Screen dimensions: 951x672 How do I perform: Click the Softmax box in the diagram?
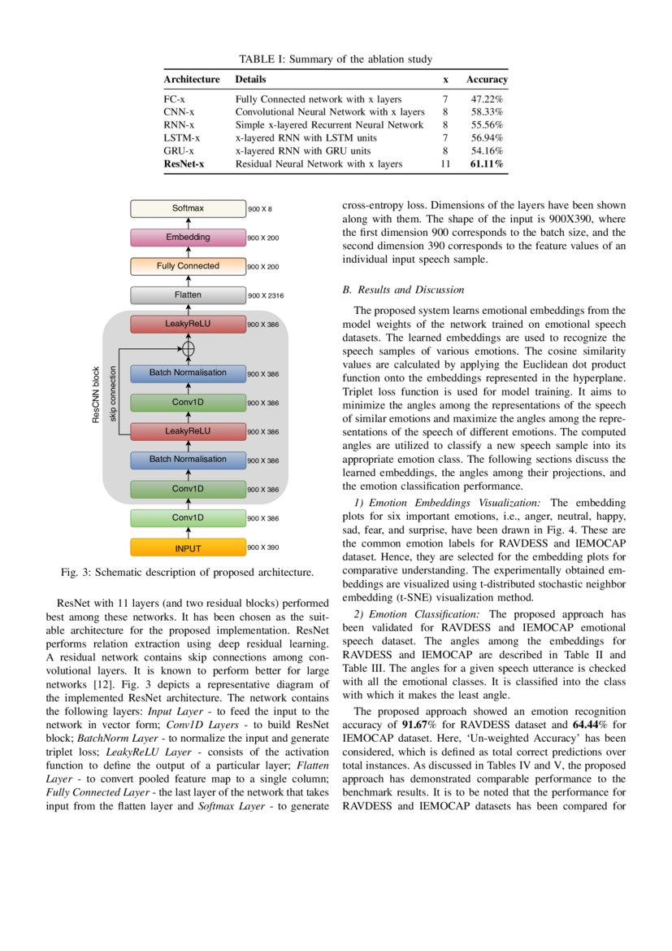188,209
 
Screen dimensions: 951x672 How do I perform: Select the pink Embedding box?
188,238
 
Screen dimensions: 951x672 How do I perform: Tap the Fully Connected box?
188,266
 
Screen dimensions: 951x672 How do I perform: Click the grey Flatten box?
188,294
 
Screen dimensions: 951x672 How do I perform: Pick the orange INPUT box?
188,547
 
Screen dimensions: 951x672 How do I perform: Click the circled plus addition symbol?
188,348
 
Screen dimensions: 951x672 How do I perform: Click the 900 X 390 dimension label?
262,547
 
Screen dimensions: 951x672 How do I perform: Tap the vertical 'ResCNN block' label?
96,395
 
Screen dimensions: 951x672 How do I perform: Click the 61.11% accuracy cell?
486,164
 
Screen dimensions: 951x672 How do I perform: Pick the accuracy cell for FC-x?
486,99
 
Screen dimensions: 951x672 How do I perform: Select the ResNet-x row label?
184,164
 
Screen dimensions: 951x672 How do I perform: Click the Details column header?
250,80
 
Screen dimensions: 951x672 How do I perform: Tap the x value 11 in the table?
445,164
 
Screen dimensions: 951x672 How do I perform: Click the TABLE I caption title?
335,59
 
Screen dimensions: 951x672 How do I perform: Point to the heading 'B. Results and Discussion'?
403,290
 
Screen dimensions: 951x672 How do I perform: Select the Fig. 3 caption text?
188,573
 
